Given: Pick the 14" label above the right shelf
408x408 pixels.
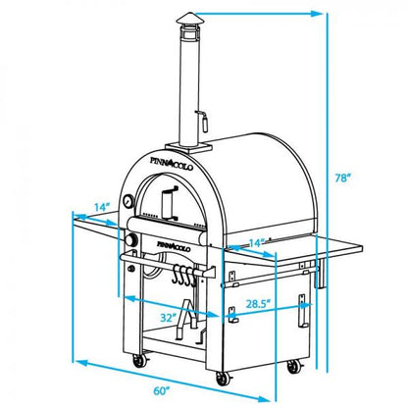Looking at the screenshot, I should pos(256,241).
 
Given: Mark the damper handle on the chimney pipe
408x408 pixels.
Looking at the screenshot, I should pos(204,122).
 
